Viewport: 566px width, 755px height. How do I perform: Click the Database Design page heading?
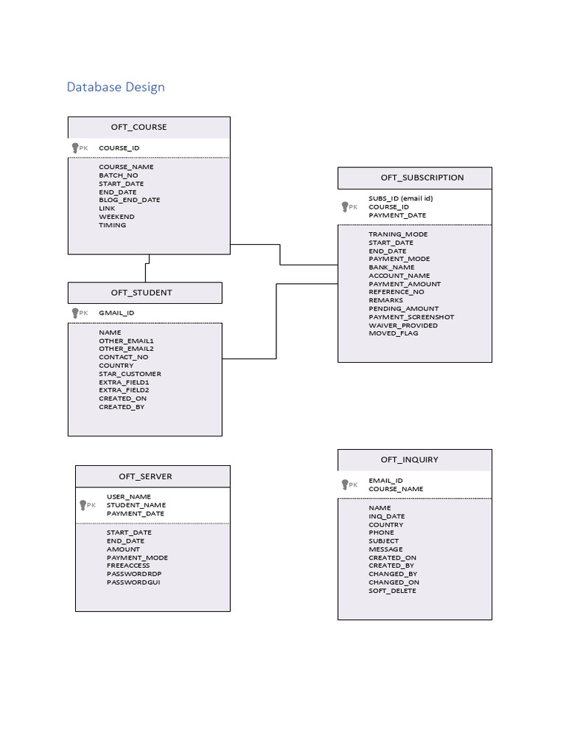(116, 87)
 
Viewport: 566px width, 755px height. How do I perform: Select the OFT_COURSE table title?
(139, 127)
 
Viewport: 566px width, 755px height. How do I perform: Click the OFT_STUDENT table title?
(141, 293)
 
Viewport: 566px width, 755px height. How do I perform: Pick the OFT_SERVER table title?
(145, 476)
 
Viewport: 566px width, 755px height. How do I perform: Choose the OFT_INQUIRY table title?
(409, 459)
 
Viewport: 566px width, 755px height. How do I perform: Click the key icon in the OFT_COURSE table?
(75, 148)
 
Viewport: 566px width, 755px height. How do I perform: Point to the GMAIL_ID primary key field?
(116, 313)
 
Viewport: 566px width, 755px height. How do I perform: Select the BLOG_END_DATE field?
(129, 200)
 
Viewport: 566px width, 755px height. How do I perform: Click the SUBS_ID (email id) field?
(401, 198)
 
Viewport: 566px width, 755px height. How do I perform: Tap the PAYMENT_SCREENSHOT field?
(411, 317)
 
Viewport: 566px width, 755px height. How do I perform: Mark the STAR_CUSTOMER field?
(130, 374)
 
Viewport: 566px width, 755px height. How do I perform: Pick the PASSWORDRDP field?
(133, 574)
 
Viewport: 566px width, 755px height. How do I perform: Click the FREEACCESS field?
(127, 566)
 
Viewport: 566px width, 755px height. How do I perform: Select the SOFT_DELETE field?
(392, 591)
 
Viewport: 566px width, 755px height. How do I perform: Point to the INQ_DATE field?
(386, 516)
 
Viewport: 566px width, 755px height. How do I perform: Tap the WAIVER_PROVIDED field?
(403, 325)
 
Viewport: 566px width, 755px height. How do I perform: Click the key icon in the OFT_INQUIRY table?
(345, 484)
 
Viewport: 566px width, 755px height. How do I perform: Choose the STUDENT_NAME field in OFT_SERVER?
(136, 505)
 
